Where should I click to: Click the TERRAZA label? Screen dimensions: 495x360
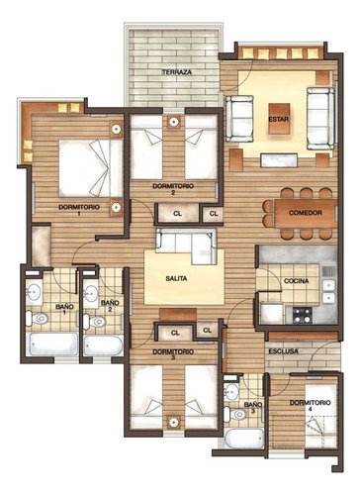179,74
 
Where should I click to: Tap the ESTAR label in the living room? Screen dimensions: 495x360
277,121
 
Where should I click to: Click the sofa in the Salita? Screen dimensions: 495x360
186,245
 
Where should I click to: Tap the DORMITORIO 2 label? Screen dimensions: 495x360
172,188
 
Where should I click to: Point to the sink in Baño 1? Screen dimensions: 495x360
35,291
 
